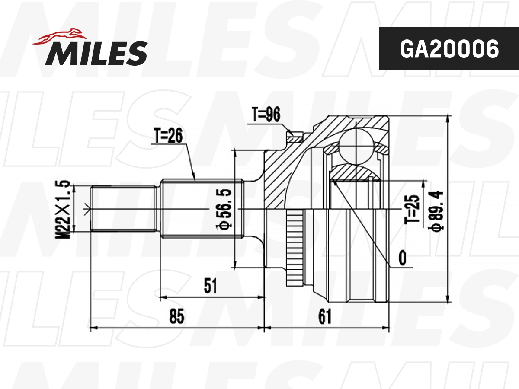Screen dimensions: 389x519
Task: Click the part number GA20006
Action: [x=449, y=49]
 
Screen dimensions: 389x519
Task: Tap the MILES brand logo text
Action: [x=96, y=53]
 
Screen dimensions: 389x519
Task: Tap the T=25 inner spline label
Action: [x=413, y=209]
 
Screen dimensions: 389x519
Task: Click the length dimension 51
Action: [x=211, y=286]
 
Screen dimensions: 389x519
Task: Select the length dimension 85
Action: [x=177, y=317]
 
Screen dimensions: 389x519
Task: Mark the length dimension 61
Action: [x=324, y=317]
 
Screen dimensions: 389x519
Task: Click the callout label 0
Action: [x=402, y=258]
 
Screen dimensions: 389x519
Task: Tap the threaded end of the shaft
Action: [x=123, y=209]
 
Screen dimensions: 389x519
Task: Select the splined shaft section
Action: [x=202, y=209]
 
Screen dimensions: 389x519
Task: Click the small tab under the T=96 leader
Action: [x=295, y=138]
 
